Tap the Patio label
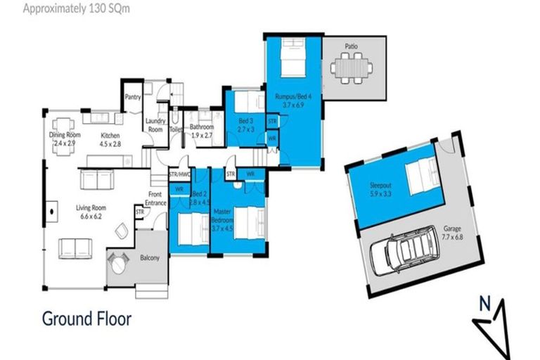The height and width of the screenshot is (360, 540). pos(351,46)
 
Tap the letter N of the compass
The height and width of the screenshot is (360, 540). pos(484,304)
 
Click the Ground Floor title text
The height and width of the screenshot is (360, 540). pos(87,319)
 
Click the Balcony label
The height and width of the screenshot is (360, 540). pos(149,258)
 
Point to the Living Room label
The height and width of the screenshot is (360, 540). pos(92,212)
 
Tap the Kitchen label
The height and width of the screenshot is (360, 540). pos(110,139)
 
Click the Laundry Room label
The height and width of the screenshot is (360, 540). pos(155,125)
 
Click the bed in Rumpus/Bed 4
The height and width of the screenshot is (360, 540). pos(291,60)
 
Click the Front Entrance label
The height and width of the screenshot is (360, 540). pos(156,199)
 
